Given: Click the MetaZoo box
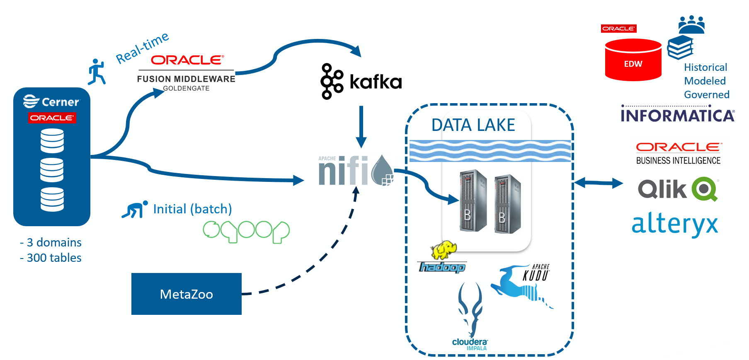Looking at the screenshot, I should [x=186, y=294].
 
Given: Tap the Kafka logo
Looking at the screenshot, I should [x=361, y=82].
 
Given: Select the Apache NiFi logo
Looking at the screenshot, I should [x=354, y=170].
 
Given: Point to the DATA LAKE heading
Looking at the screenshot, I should [x=473, y=125].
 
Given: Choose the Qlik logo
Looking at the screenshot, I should [x=678, y=189].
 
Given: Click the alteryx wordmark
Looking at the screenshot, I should [x=674, y=224].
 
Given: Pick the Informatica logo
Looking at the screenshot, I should [x=677, y=115].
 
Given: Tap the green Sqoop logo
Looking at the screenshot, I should [x=246, y=231].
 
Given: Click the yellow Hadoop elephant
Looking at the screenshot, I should [x=444, y=250].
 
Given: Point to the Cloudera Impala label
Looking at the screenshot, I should [x=470, y=344].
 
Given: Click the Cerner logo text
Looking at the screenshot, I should [x=60, y=102].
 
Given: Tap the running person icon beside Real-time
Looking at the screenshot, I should [x=97, y=72].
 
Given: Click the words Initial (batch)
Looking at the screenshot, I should [x=192, y=209].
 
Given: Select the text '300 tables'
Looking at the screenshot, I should [x=54, y=258].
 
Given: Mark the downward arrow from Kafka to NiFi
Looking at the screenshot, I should [x=361, y=126].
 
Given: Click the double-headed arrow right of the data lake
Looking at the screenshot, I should [x=598, y=182].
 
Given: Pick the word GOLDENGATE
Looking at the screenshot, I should [x=186, y=88].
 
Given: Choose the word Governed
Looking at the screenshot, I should [x=706, y=94].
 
